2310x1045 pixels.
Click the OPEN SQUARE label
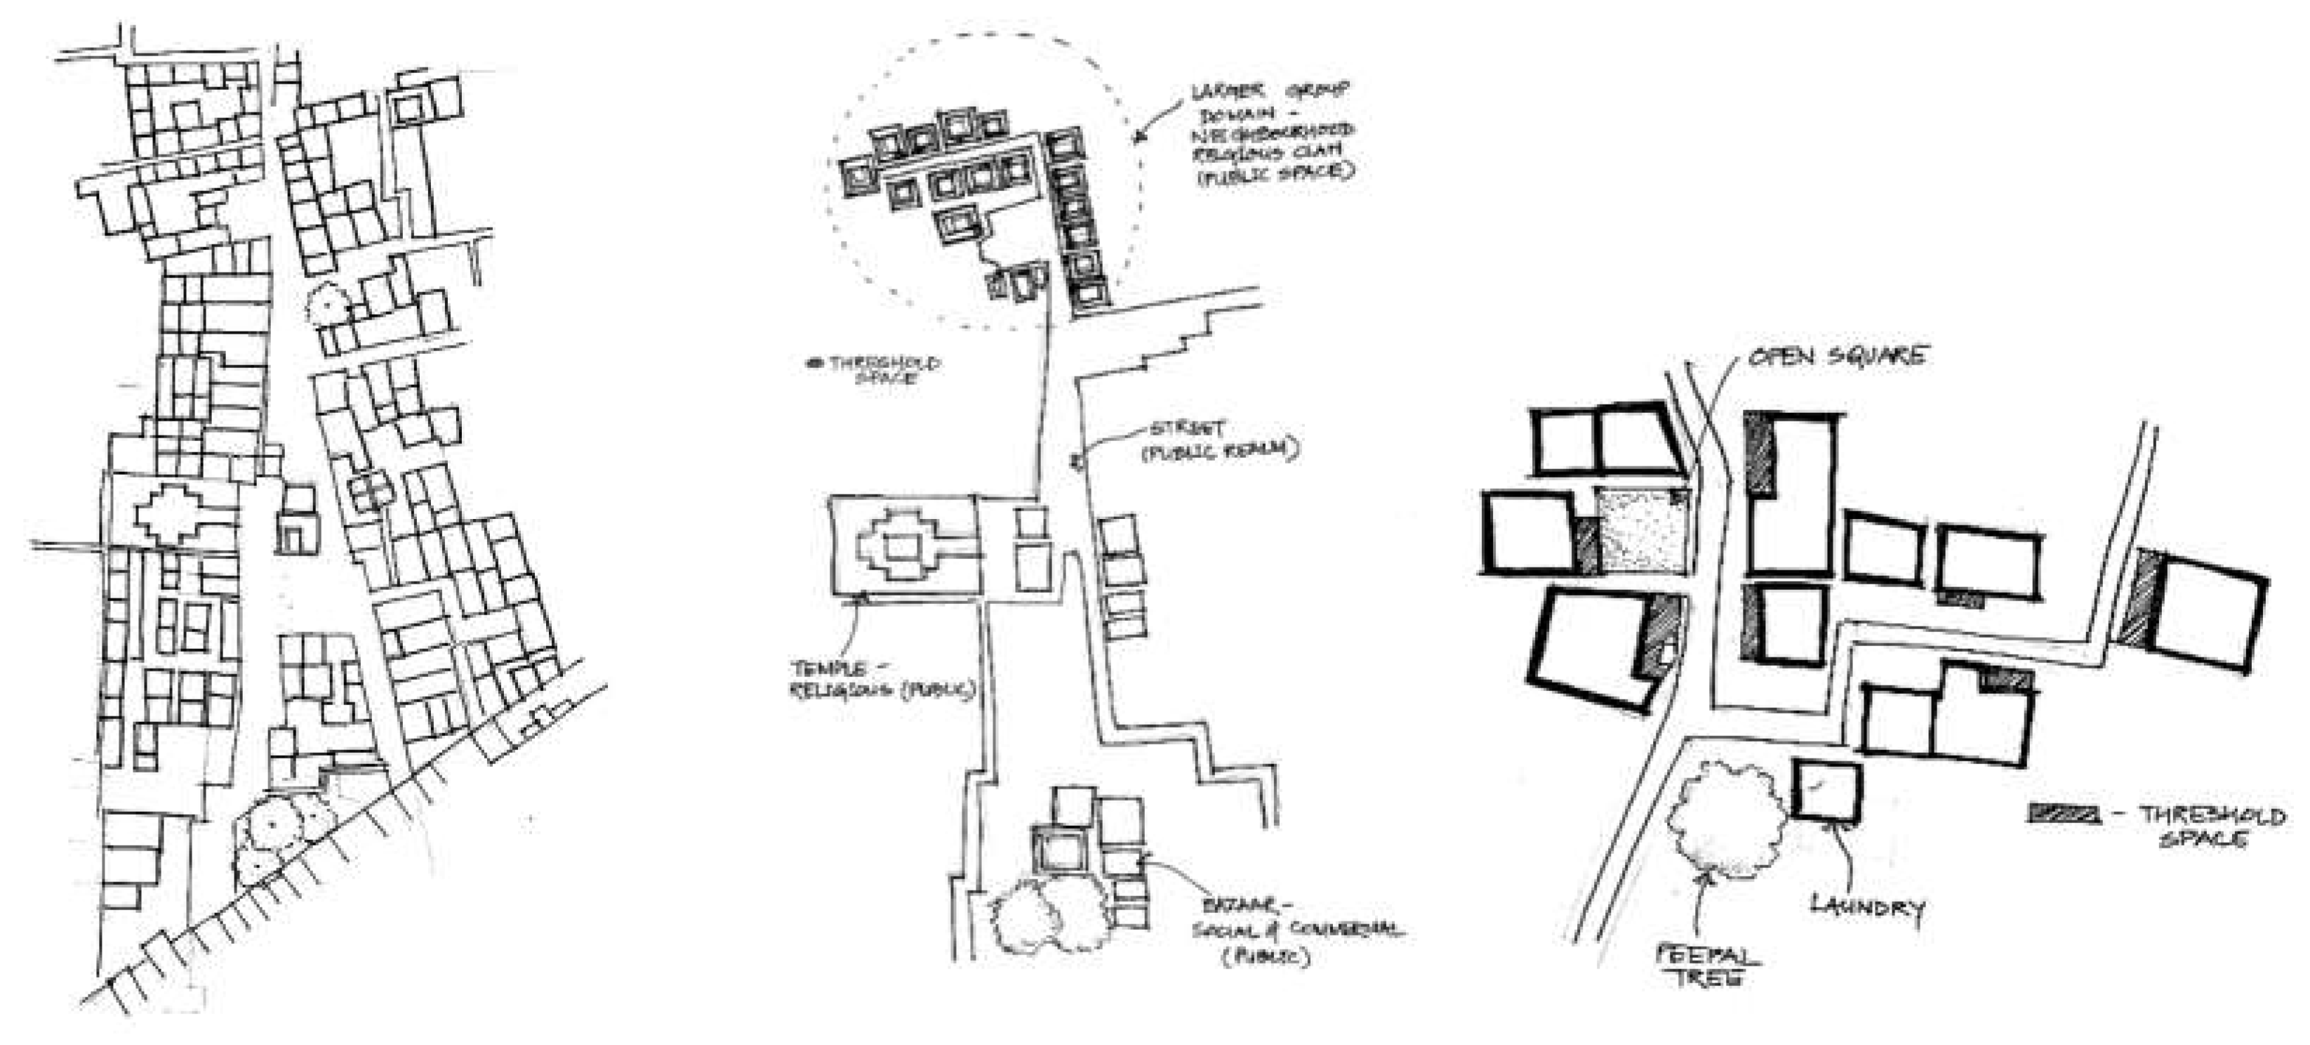tap(1836, 356)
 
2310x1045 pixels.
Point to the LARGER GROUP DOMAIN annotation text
tap(1272, 133)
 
